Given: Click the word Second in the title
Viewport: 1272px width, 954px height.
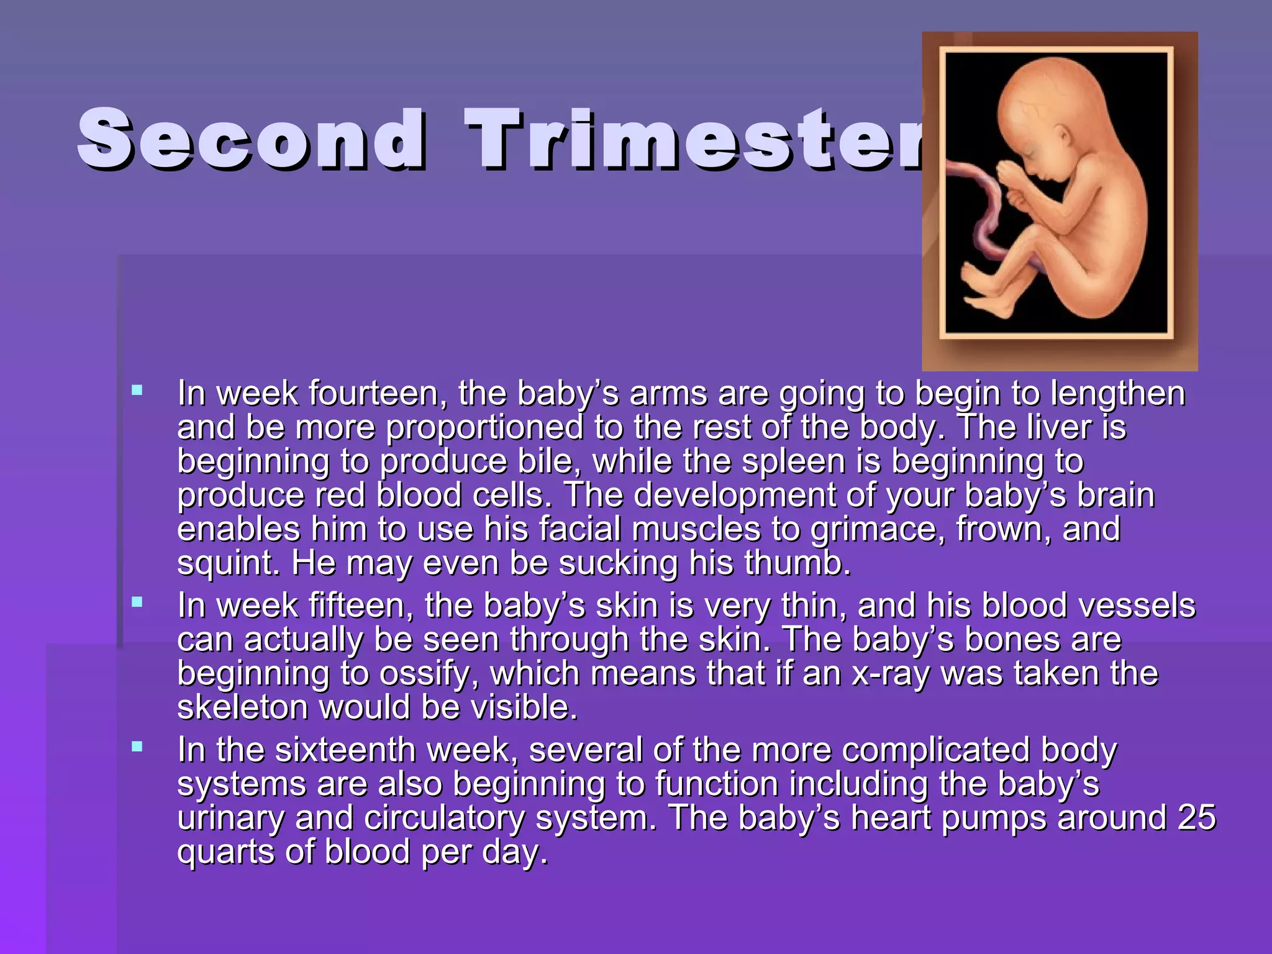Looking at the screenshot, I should click(251, 139).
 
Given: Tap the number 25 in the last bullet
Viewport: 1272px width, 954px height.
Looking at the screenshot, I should click(1196, 818).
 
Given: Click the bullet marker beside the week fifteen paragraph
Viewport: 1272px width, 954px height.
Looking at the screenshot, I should click(137, 602).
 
